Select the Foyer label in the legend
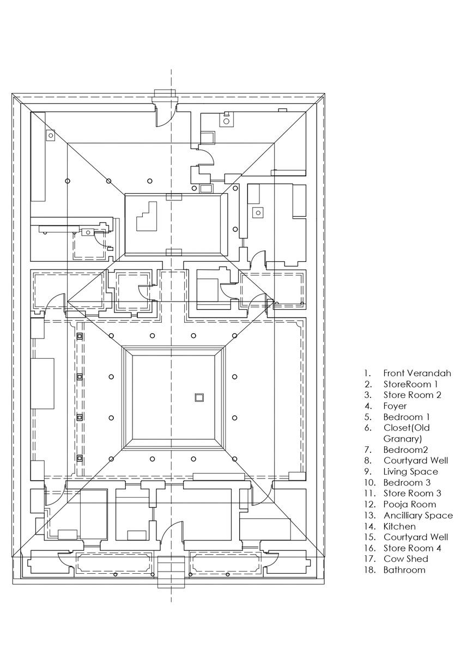pos(395,406)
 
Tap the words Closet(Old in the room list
pos(407,428)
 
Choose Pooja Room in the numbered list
pos(409,504)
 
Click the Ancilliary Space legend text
pos(417,515)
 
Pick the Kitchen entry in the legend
pos(399,526)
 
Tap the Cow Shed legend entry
pos(405,559)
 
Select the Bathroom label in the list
pos(404,570)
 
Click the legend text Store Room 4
pos(412,548)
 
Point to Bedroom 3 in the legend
pos(410,482)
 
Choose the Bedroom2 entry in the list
pos(405,450)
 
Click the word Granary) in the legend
pos(403,438)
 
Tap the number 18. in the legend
pos(369,570)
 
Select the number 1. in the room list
pos(368,373)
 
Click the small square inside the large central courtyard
pos(199,398)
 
